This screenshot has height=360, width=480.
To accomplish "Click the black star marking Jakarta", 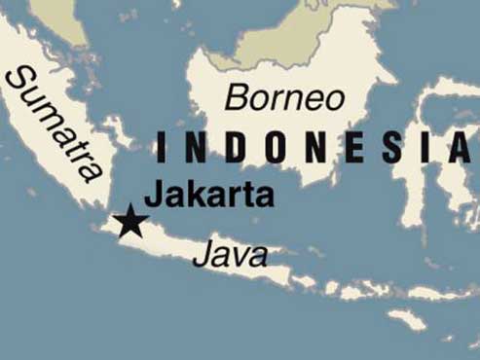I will pyautogui.click(x=129, y=222).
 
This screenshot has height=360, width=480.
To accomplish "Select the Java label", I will pyautogui.click(x=230, y=255).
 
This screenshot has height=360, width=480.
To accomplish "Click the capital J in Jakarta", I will pyautogui.click(x=152, y=193).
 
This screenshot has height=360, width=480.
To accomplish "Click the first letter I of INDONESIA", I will pyautogui.click(x=160, y=149).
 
